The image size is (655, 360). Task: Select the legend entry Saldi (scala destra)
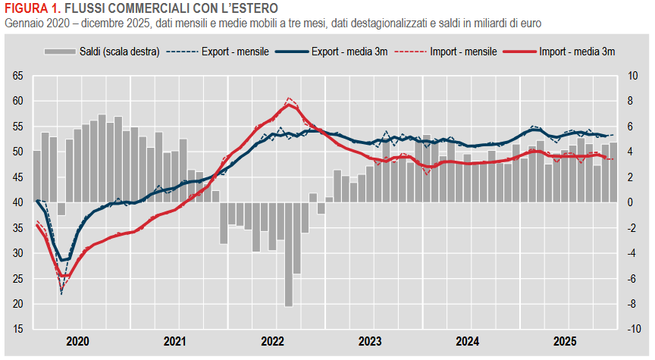point(102,52)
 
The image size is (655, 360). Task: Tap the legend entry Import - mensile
point(447,52)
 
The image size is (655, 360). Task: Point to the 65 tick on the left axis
point(18,76)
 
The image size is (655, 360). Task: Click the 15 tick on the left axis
point(18,330)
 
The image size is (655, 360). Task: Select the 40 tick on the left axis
point(18,202)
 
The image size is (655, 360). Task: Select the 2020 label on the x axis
point(77,341)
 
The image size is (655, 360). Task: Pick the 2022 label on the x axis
point(273,341)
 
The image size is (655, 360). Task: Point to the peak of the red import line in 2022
point(289,105)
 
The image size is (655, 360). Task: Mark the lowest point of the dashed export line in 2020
point(61,293)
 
